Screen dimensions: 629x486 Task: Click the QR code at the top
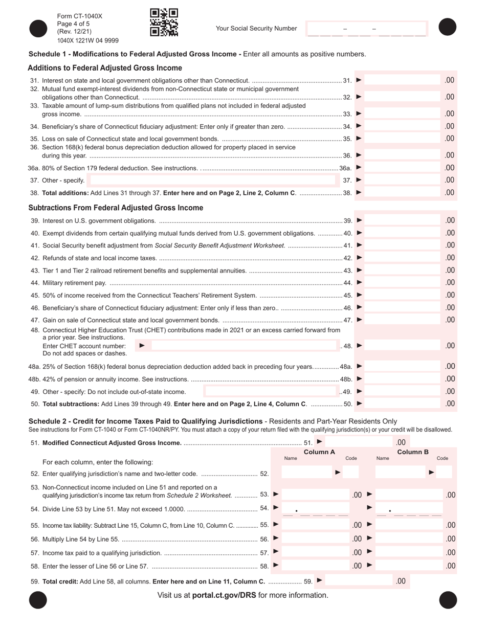(x=164, y=23)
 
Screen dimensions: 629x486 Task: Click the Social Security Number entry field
(x=366, y=29)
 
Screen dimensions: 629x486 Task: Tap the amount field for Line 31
(x=403, y=80)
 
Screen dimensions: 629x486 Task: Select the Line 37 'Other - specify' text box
(x=213, y=180)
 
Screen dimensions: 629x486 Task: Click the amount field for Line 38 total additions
(x=403, y=193)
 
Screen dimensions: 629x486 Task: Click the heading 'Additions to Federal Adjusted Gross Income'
(x=105, y=68)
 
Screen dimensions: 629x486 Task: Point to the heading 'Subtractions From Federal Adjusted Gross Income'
(x=116, y=208)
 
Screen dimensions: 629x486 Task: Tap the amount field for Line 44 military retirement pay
(x=403, y=283)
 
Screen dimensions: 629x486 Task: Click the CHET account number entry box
(x=244, y=346)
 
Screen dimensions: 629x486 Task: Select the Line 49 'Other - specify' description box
(x=271, y=392)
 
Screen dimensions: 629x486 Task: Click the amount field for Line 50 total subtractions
(x=403, y=404)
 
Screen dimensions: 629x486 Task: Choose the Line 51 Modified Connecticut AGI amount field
(x=358, y=442)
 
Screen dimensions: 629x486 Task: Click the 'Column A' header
(x=319, y=452)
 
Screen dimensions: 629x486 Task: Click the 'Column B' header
(x=412, y=452)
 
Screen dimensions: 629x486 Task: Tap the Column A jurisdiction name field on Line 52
(x=306, y=473)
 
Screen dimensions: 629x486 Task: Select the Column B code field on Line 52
(x=444, y=473)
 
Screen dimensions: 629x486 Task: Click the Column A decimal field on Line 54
(x=315, y=509)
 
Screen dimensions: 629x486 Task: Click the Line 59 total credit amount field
(x=358, y=581)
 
